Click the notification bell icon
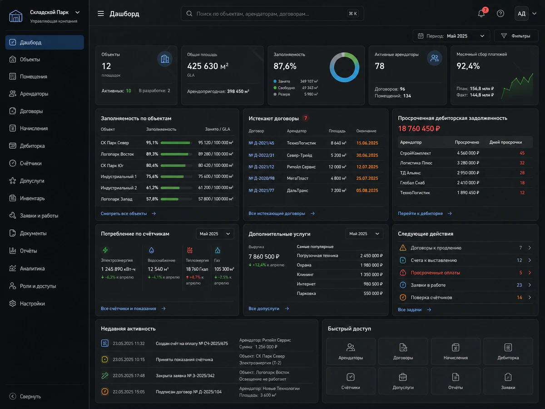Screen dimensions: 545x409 point(481,14)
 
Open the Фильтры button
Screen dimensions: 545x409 point(516,36)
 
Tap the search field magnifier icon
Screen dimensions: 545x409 point(189,14)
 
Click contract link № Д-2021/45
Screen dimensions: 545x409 point(261,143)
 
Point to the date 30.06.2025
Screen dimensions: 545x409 point(367,155)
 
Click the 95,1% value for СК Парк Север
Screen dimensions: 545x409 point(152,143)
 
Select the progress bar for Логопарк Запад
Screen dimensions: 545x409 point(176,199)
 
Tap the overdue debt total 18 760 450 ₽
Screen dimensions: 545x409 point(419,129)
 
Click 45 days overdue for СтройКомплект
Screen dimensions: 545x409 point(522,153)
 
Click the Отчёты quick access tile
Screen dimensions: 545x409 point(456,381)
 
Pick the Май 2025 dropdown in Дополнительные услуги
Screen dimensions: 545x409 point(364,234)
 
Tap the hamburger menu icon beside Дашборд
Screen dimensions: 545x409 point(100,14)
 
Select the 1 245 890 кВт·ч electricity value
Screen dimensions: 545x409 point(118,269)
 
